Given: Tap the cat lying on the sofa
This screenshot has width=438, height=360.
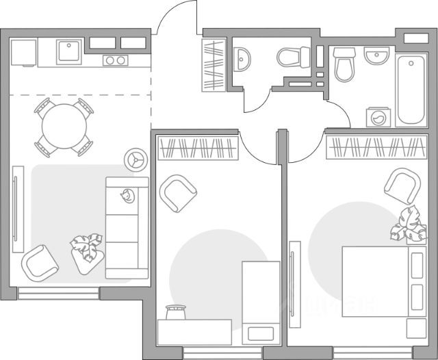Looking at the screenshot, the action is click(x=126, y=196).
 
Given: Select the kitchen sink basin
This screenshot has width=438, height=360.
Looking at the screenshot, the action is click(x=69, y=51).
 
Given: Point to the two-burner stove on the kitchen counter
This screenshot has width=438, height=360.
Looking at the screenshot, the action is click(x=115, y=61).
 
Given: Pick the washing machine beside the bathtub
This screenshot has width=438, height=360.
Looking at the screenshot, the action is click(x=377, y=117).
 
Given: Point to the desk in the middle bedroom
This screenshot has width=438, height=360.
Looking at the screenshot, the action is click(x=198, y=331).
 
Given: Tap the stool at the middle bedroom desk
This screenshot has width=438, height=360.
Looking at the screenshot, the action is click(x=177, y=313).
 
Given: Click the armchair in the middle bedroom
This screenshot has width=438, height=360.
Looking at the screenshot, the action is click(x=179, y=193).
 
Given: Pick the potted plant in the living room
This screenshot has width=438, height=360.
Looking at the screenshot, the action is click(x=86, y=246).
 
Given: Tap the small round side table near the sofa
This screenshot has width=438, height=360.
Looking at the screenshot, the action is click(x=135, y=159).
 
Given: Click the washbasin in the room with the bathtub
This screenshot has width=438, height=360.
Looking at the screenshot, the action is click(x=376, y=55).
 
